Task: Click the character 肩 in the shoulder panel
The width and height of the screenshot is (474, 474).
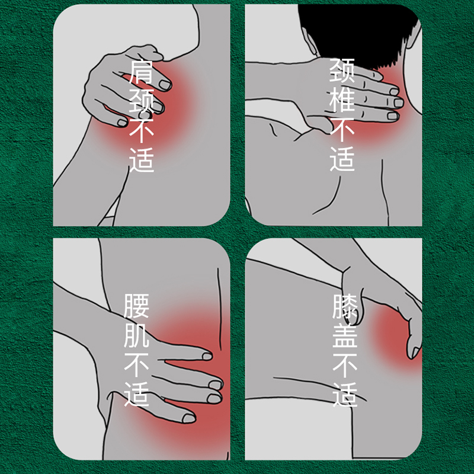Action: coord(142,72)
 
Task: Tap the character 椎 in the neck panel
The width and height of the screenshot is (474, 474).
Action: coord(342,100)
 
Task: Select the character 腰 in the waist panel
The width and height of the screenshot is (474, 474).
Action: coord(136,306)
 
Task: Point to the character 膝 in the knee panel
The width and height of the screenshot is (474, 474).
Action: coord(345,306)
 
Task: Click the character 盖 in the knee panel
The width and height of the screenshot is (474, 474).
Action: coord(345,336)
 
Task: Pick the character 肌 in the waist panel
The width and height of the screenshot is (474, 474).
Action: coord(136,335)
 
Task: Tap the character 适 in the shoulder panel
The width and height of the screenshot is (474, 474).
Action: coord(142,160)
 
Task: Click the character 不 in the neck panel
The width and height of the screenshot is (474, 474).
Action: coord(342,129)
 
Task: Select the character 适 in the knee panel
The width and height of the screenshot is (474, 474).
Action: coord(345,395)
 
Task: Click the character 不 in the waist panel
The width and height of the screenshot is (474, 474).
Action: coord(136,365)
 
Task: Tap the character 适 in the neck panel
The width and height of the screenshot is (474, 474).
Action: coord(342,159)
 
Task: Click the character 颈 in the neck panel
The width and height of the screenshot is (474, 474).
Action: coord(342,70)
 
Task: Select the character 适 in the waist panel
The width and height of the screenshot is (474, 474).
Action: coord(136,394)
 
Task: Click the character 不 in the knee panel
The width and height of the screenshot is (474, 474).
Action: coord(345,366)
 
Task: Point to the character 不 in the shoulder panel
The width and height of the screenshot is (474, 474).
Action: coord(142,131)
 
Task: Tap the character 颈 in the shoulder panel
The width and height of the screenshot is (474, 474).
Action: coord(142,101)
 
